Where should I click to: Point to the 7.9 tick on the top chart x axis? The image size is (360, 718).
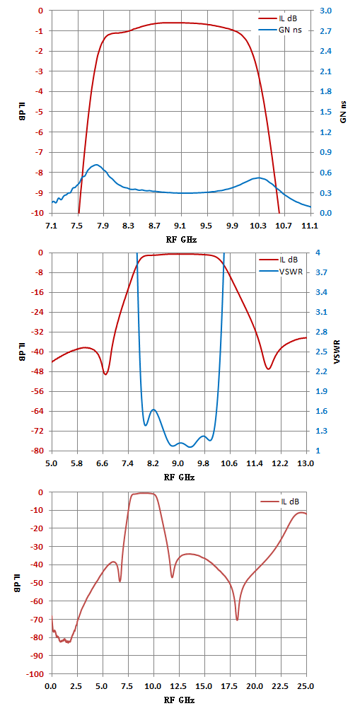(103, 225)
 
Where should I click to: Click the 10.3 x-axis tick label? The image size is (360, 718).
(259, 225)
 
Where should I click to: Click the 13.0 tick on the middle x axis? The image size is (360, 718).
(306, 463)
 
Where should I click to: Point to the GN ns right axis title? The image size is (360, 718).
(343, 112)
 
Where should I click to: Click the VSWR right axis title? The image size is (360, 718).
(343, 352)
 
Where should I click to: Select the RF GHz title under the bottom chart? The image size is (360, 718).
(179, 700)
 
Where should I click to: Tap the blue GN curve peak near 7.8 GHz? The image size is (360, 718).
(96, 164)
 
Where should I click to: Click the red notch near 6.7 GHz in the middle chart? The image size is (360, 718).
(106, 374)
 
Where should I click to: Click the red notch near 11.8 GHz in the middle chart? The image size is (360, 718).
(268, 369)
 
